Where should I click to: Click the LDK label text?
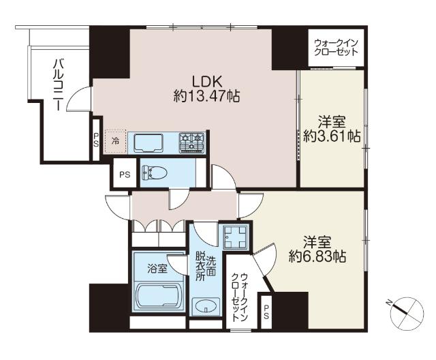[207, 82]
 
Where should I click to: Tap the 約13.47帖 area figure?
[206, 96]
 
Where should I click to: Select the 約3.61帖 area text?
[332, 136]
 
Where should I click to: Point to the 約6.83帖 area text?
[317, 256]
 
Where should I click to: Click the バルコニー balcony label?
[58, 85]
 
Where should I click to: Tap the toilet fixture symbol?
[155, 172]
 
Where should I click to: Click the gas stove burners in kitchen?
[192, 142]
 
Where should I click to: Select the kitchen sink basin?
[149, 143]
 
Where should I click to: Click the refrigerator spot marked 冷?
[115, 141]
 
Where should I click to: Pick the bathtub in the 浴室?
[159, 296]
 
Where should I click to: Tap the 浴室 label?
[157, 269]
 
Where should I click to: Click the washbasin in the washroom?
[206, 306]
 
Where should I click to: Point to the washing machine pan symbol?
[236, 237]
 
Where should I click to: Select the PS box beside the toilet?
[125, 175]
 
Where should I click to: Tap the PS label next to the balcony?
[96, 140]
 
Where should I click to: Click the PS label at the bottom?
[266, 312]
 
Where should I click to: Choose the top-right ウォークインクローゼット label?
[336, 48]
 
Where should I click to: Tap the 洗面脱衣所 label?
[205, 265]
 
